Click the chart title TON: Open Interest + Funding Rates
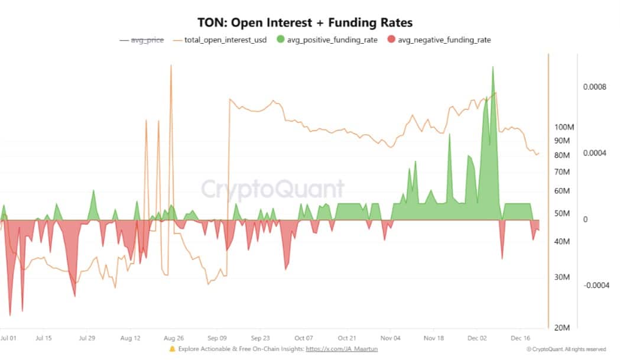point(305,22)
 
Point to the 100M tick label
point(564,127)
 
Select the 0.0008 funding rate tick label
point(595,87)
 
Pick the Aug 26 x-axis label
point(173,338)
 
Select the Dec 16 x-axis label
point(520,338)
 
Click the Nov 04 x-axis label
point(391,338)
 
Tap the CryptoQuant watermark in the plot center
point(272,189)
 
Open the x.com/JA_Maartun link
point(342,349)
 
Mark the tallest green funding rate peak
point(492,68)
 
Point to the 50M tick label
point(564,213)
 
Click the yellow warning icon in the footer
point(172,349)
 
